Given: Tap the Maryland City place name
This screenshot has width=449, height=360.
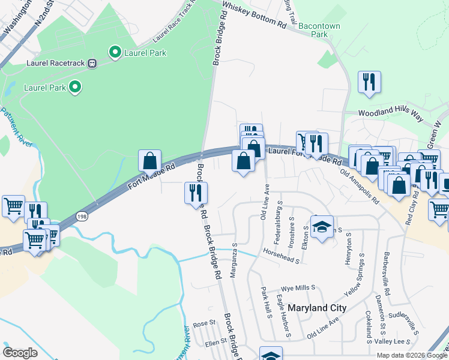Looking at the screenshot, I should click(317, 308).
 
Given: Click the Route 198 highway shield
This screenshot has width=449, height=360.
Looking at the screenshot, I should click(82, 216).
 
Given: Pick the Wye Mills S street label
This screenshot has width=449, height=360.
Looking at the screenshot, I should click(298, 288).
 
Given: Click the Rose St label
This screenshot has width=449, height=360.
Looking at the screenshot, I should click(204, 323).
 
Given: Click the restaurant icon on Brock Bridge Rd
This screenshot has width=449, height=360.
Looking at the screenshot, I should click(196, 193).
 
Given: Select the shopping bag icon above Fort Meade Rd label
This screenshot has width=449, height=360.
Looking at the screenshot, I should click(149, 161).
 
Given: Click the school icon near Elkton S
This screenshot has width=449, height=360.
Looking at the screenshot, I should click(322, 227).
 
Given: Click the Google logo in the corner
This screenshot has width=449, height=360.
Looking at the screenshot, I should click(20, 353).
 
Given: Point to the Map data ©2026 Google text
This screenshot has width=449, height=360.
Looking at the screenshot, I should click(412, 355).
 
